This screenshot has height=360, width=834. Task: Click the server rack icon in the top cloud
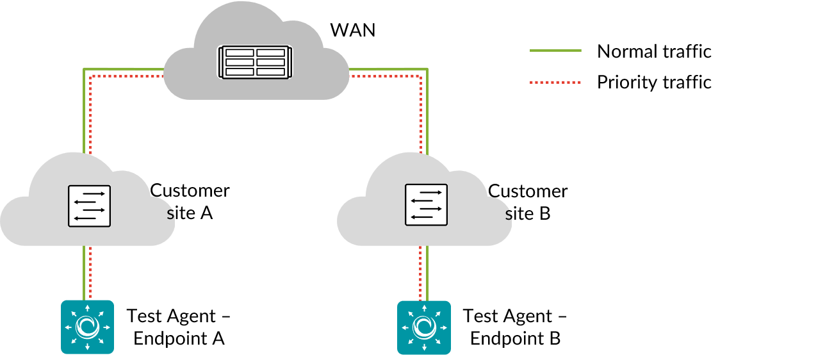click(255, 62)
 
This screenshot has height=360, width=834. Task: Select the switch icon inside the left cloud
click(89, 206)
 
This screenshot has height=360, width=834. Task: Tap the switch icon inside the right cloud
click(426, 205)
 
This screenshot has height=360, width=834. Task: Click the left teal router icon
click(87, 327)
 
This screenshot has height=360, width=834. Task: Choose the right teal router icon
click(424, 327)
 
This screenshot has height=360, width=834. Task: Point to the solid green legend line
click(555, 50)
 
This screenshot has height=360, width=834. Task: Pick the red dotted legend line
click(555, 82)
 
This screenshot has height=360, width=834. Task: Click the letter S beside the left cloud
click(170, 215)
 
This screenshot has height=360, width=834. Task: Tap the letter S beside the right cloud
click(509, 215)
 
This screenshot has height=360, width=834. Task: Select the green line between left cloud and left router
click(84, 272)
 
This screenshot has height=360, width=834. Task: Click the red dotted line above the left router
click(90, 272)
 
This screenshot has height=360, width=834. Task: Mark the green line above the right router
click(427, 272)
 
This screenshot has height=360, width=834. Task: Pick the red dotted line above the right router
click(420, 272)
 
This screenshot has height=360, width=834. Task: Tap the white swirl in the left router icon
click(87, 327)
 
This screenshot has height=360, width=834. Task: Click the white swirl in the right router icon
click(424, 327)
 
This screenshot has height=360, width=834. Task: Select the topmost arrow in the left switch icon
click(94, 193)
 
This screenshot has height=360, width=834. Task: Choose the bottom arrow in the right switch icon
click(421, 217)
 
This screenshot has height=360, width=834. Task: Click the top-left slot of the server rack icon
click(240, 53)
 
